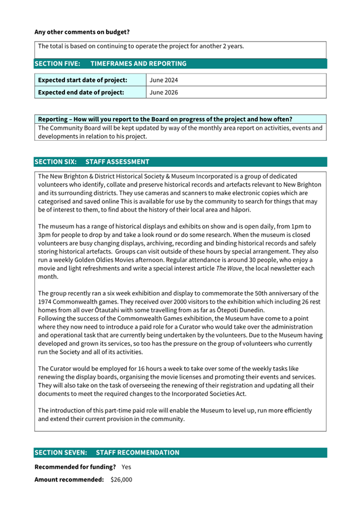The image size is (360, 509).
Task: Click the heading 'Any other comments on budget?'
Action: point(82,32)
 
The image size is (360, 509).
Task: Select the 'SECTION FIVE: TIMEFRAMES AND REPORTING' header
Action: point(110,63)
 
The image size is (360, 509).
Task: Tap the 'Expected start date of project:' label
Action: point(82,80)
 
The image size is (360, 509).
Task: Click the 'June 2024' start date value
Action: point(164,80)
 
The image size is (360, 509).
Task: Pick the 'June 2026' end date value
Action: point(164,92)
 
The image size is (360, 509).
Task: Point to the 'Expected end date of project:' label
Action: point(81,92)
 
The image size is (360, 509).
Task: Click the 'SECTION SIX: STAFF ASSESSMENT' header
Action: point(92,161)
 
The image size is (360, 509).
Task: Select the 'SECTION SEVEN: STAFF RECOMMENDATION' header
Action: point(107,453)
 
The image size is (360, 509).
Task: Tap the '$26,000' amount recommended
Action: point(121,480)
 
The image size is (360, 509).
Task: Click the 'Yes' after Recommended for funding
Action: point(126,467)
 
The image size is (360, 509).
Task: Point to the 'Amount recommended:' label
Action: point(69,480)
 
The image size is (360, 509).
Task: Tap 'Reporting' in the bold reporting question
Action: point(53,118)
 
